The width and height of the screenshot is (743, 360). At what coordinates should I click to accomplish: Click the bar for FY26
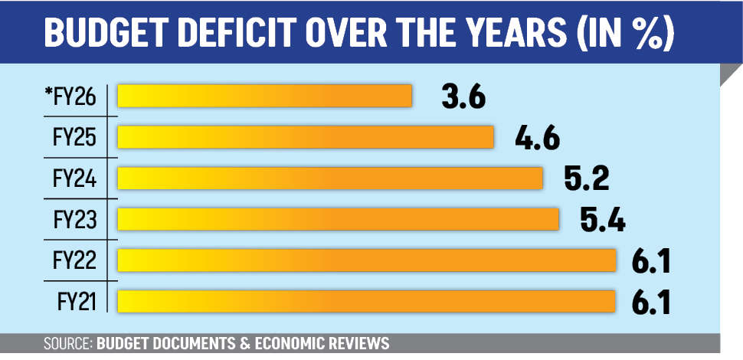point(264,96)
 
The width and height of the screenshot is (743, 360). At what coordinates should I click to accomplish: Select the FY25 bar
point(305,137)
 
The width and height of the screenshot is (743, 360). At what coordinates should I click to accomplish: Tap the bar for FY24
point(329,178)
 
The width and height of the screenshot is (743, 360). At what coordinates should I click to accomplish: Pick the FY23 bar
point(338,219)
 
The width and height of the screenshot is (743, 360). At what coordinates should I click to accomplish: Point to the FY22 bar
point(367,260)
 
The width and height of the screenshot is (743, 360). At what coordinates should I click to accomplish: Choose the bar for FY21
point(367,301)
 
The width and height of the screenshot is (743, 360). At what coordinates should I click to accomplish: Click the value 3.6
point(463,97)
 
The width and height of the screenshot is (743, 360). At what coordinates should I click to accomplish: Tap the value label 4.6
point(538,139)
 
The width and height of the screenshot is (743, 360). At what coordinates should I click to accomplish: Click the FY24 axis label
point(74,178)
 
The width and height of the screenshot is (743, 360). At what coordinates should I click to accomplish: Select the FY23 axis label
point(74,220)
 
